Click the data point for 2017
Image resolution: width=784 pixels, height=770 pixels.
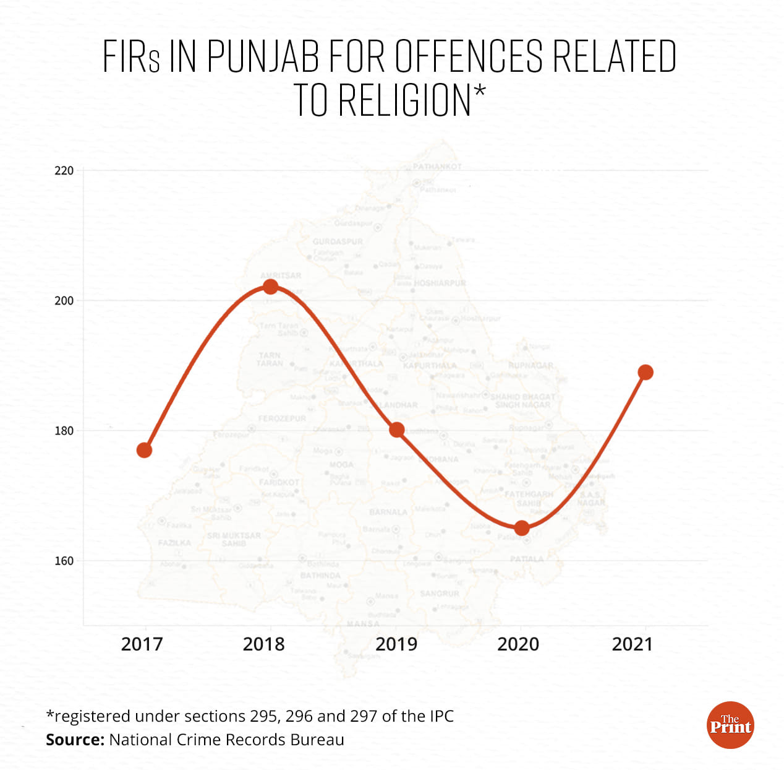144,450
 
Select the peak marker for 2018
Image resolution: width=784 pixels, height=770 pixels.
270,287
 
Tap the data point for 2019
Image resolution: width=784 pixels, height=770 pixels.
397,430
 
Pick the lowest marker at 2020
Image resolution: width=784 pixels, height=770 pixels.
522,528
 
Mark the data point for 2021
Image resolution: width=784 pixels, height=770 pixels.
646,372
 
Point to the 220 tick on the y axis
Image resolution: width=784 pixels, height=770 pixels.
64,171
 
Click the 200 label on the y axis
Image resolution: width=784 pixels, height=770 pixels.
64,301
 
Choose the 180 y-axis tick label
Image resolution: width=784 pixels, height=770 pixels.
64,431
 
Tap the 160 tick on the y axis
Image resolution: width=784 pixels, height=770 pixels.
64,561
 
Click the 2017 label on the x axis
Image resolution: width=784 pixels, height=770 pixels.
142,644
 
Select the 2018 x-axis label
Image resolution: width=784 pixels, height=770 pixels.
264,644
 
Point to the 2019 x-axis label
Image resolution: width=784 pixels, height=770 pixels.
396,644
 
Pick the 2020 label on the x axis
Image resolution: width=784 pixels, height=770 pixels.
518,644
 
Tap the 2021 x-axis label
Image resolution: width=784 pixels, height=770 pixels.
633,644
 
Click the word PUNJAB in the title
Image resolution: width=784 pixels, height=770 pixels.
263,56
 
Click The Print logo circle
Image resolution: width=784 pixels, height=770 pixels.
730,725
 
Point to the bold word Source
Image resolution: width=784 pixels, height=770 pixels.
75,740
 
